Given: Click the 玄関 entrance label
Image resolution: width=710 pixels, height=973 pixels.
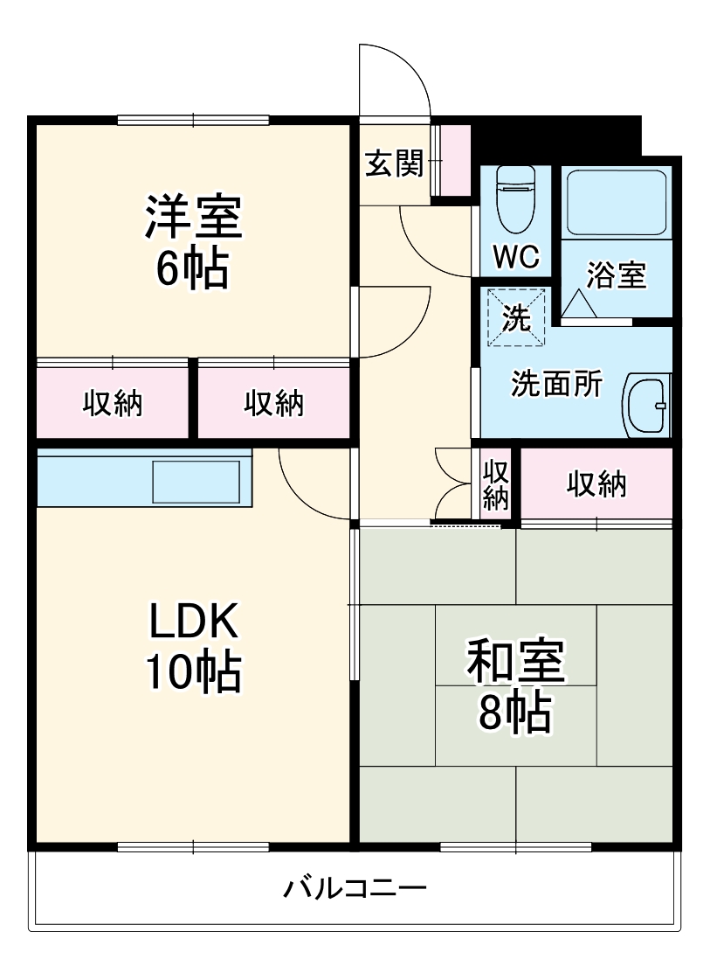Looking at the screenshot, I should (394, 163).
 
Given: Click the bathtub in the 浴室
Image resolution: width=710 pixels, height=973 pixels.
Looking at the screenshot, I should (615, 200).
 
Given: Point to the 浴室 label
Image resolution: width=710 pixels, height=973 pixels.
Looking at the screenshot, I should (616, 275).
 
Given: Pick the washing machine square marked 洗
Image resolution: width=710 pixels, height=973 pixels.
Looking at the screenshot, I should (515, 317).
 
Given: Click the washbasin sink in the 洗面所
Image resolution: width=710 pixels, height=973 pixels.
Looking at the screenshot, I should (647, 405).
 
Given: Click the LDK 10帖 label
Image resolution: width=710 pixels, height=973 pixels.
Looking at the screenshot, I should (192, 646).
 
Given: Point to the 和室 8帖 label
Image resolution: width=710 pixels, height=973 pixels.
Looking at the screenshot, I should (515, 686).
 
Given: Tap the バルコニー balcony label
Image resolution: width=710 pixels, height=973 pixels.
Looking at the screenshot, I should (355, 891).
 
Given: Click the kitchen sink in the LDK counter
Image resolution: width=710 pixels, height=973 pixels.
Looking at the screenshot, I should (196, 480).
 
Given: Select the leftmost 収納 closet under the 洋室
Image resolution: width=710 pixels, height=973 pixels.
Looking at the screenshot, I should (113, 403).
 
